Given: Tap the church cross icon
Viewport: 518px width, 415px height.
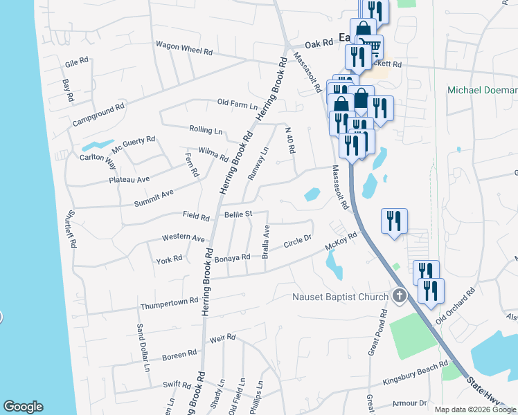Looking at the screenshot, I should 399,297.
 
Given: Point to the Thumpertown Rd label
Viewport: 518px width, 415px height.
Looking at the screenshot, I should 169,304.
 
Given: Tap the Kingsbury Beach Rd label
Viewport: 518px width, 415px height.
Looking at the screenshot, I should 416,373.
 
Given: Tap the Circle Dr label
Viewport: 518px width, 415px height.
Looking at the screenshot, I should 298,245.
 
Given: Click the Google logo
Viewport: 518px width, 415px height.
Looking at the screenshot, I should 23,407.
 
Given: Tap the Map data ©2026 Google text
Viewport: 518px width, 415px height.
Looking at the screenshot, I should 475,409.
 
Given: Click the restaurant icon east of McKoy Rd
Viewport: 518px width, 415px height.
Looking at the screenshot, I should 394,221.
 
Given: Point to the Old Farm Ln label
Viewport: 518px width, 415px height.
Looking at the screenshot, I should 237,104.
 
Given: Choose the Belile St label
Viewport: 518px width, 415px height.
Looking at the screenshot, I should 238,214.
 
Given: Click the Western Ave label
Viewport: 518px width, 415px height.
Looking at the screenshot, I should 184,237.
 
